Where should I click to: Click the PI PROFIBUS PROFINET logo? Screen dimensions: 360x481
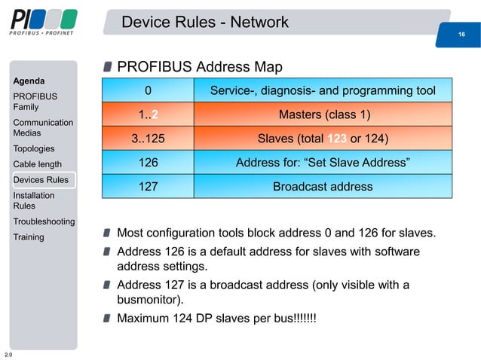(44, 22)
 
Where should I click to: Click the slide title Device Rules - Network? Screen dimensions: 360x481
(204, 23)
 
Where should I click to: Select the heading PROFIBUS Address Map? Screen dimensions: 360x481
(200, 68)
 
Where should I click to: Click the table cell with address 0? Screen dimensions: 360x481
(148, 91)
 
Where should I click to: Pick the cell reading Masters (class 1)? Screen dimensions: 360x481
(323, 115)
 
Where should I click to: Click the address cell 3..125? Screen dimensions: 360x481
(148, 139)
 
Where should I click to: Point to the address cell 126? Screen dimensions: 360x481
(148, 162)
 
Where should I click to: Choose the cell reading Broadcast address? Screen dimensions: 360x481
(323, 186)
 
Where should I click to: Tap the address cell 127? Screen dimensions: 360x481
(148, 186)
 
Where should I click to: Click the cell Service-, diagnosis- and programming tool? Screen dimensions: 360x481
(323, 91)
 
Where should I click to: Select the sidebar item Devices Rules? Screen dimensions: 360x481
(41, 180)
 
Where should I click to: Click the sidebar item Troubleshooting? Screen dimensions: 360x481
(44, 221)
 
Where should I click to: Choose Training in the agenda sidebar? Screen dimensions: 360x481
(29, 237)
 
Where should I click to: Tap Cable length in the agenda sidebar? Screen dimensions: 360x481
(38, 164)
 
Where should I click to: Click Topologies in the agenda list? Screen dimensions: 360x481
(34, 148)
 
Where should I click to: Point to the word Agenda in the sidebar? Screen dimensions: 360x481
(29, 81)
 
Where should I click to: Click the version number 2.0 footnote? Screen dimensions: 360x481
(8, 354)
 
